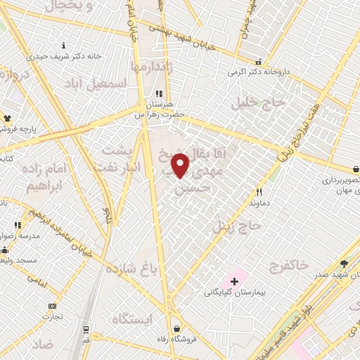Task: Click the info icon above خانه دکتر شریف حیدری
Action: tap(65, 45)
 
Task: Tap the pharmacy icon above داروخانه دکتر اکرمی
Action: tap(259, 62)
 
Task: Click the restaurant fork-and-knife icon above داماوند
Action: tap(259, 192)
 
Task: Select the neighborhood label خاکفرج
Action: tap(288, 266)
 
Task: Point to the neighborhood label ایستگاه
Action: tap(131, 319)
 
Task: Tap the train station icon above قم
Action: tap(86, 329)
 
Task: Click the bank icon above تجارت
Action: tap(52, 307)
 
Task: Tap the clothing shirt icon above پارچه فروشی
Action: tap(8, 119)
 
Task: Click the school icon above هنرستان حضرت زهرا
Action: tap(160, 93)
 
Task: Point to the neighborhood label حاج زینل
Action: tap(237, 226)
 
